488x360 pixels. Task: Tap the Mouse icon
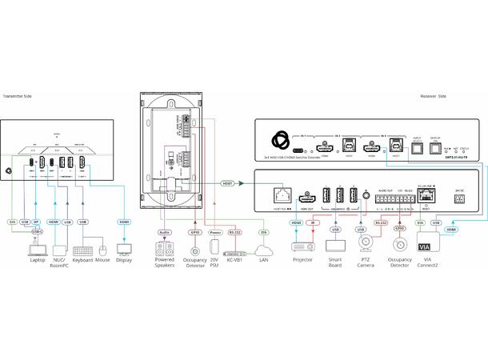point(102,250)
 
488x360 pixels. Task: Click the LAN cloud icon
point(264,250)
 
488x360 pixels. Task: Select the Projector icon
point(302,247)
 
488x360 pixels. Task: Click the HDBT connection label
point(228,183)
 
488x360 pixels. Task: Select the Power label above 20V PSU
point(214,233)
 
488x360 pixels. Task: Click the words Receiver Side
point(432,96)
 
